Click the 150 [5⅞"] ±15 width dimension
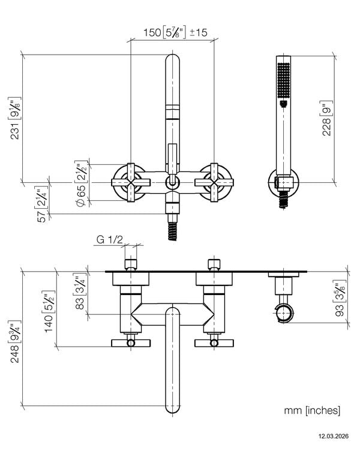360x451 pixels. pyautogui.click(x=175, y=32)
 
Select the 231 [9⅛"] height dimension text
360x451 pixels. pyautogui.click(x=15, y=118)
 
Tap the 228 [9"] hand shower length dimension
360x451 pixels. pyautogui.click(x=326, y=118)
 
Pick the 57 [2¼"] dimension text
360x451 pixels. pyautogui.click(x=42, y=205)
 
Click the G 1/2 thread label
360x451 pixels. pyautogui.click(x=110, y=240)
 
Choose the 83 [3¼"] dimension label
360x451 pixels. pyautogui.click(x=80, y=291)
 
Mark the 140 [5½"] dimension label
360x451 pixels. pyautogui.click(x=49, y=311)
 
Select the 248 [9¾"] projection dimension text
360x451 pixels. pyautogui.click(x=15, y=341)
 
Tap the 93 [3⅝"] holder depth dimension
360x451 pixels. pyautogui.click(x=340, y=298)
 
